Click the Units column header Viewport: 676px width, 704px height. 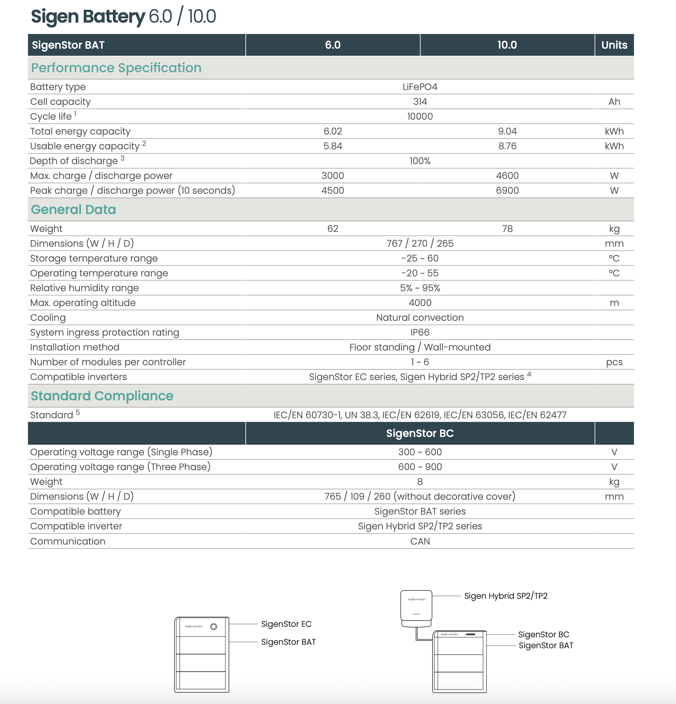tap(614, 45)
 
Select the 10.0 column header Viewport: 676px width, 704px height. tap(507, 45)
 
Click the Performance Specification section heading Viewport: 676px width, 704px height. tap(116, 68)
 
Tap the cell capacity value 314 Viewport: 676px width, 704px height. tap(420, 102)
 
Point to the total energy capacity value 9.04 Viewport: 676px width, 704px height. tap(507, 131)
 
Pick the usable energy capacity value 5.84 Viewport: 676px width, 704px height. tap(333, 146)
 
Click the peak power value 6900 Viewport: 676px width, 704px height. tap(507, 191)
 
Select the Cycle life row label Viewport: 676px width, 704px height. tap(51, 117)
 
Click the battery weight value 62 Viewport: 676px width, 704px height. tap(333, 229)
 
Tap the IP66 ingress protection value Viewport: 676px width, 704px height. tap(420, 333)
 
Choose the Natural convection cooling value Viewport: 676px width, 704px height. tap(420, 318)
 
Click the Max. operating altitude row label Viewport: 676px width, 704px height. tap(83, 303)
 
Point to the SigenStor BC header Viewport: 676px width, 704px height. tap(420, 433)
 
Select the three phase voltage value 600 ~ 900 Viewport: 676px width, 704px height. tap(420, 467)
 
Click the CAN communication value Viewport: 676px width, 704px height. tap(420, 541)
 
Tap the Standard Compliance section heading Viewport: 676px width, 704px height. tap(102, 396)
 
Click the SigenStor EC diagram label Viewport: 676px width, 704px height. tap(286, 624)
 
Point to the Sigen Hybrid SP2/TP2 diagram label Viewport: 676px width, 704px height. tap(505, 596)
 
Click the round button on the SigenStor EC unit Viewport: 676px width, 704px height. tap(213, 627)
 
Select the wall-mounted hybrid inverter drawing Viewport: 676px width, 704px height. tap(416, 607)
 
